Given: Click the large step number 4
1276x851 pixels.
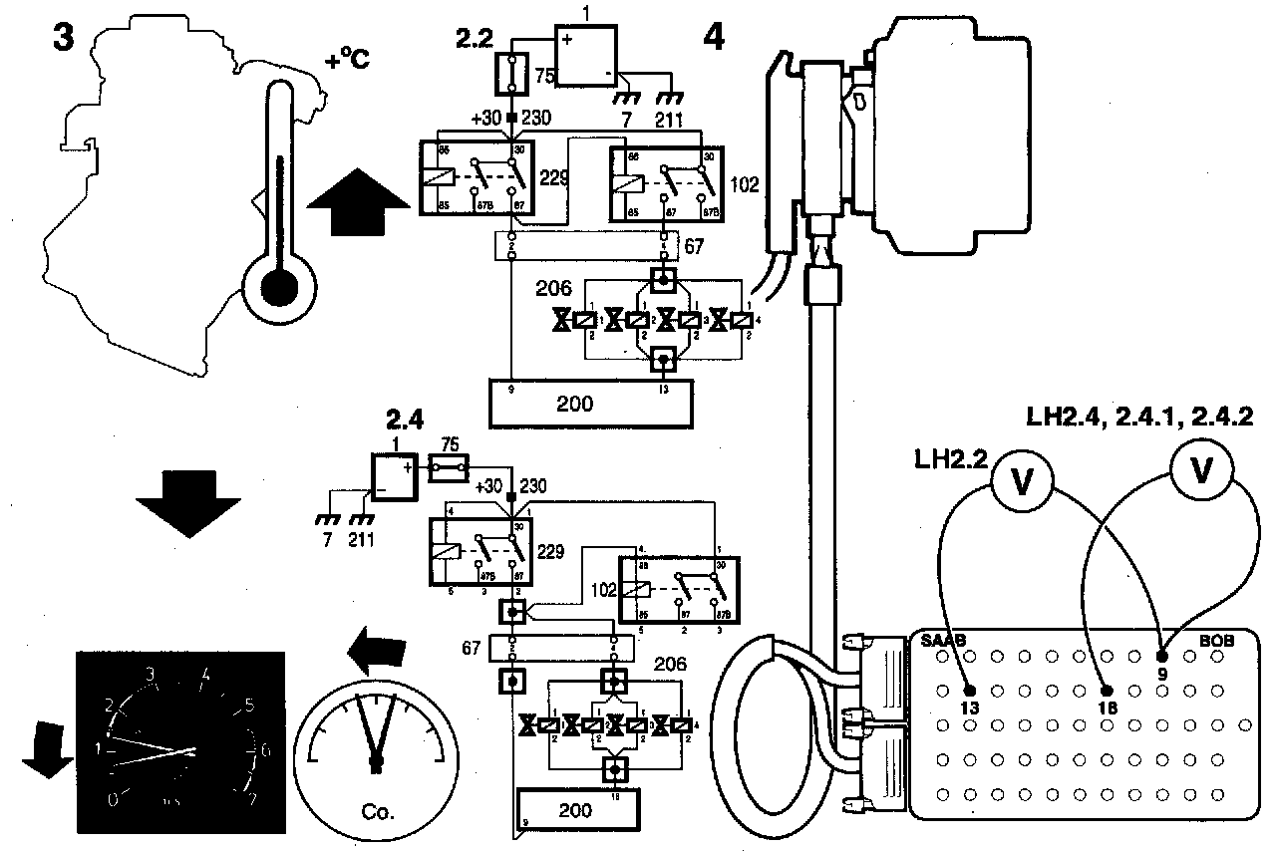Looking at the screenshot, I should tap(715, 37).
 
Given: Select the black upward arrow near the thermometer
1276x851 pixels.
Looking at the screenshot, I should tap(360, 201).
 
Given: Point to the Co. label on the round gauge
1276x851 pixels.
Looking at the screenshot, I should tap(377, 812).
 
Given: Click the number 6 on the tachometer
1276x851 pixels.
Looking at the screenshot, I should tap(263, 749).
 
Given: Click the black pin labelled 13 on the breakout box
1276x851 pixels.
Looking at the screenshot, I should tap(969, 690).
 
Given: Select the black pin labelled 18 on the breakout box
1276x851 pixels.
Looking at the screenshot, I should tap(1106, 690).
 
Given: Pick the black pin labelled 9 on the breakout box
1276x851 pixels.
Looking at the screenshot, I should tap(1161, 658).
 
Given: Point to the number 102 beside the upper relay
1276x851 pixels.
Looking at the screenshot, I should tap(745, 184).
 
